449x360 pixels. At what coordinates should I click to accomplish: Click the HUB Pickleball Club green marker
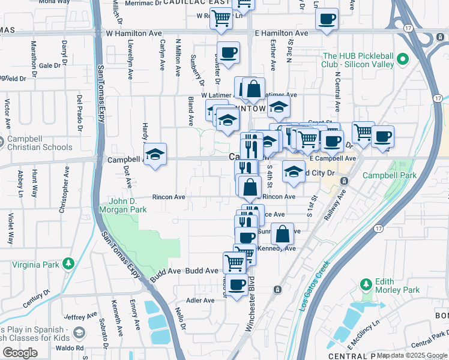(x=403, y=60)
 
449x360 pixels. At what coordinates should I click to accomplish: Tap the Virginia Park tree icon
(x=69, y=263)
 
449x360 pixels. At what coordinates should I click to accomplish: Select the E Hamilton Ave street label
(x=281, y=34)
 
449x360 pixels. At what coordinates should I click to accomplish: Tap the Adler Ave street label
(x=200, y=301)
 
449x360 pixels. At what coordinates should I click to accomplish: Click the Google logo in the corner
(x=20, y=353)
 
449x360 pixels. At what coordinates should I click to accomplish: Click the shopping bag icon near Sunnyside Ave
(x=282, y=232)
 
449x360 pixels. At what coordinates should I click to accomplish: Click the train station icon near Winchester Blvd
(x=277, y=289)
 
